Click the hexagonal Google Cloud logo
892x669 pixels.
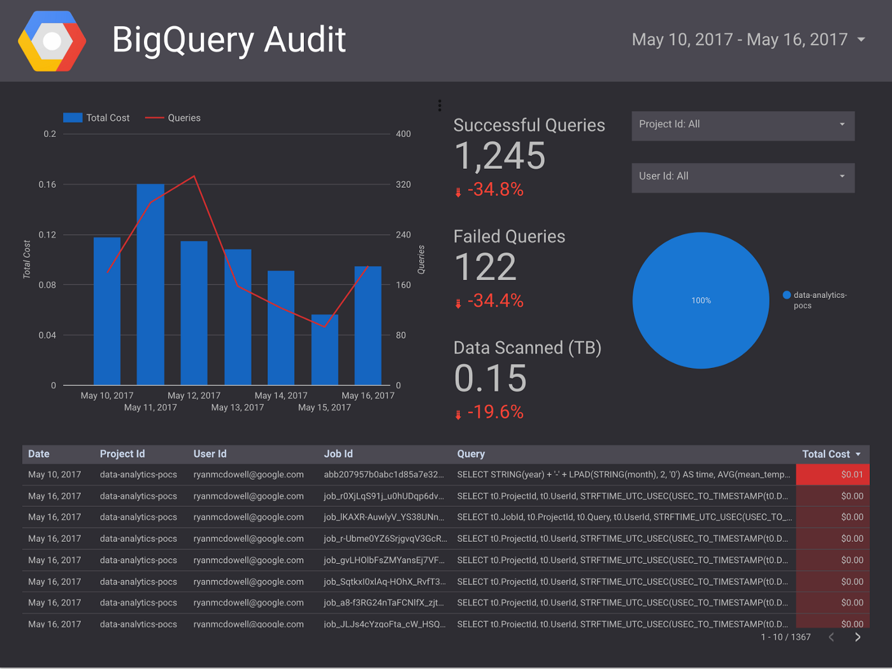(x=52, y=41)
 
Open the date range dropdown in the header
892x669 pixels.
(x=861, y=39)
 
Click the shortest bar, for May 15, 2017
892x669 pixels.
(x=324, y=349)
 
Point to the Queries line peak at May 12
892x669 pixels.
(x=194, y=176)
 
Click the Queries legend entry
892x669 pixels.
(x=173, y=118)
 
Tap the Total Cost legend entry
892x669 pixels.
(x=97, y=118)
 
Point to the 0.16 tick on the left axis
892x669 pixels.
(x=47, y=185)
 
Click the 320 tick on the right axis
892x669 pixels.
(x=403, y=185)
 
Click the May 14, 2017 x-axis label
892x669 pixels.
(x=281, y=395)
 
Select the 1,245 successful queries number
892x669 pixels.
(x=500, y=156)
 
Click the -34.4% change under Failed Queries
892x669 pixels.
(x=495, y=300)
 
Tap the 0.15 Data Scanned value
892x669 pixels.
(x=490, y=378)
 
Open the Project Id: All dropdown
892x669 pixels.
(x=742, y=125)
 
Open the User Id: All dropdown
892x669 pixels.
(x=742, y=176)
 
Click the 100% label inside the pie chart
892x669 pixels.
(x=701, y=300)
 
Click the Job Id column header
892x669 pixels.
(x=338, y=454)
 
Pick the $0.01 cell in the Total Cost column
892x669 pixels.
(x=851, y=474)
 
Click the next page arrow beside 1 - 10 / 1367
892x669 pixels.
(x=858, y=637)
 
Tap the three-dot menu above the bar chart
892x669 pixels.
(x=440, y=106)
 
